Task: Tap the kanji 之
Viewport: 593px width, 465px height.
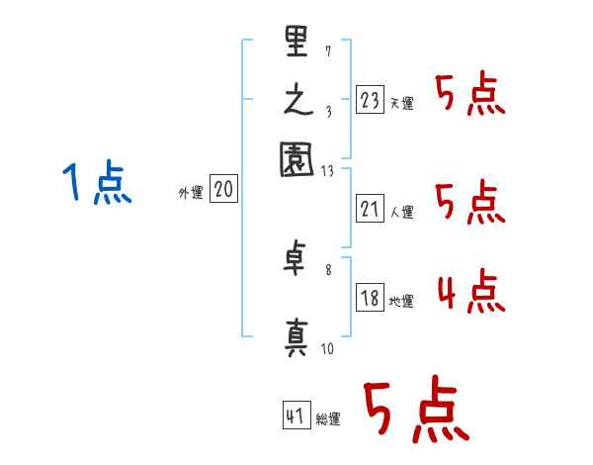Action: [x=297, y=103]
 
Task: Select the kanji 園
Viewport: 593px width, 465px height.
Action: [x=297, y=159]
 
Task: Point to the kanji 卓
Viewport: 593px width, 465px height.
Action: [x=297, y=259]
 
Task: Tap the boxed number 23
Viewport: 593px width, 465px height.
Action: [x=370, y=99]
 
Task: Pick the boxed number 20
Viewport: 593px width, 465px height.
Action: [x=223, y=190]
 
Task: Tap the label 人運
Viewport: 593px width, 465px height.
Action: [x=402, y=212]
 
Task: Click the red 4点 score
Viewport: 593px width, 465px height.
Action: [x=470, y=294]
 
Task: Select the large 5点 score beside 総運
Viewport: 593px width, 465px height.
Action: [x=414, y=411]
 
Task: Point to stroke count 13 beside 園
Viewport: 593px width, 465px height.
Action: [x=328, y=170]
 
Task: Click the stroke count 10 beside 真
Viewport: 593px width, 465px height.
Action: [x=328, y=348]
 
